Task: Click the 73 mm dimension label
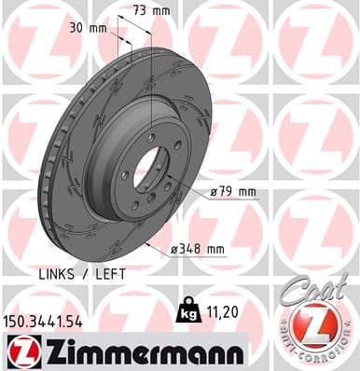click(148, 12)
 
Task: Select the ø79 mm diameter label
click(233, 191)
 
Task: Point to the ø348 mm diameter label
click(198, 249)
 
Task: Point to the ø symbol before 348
click(174, 249)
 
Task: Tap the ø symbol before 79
click(215, 191)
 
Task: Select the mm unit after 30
click(97, 27)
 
